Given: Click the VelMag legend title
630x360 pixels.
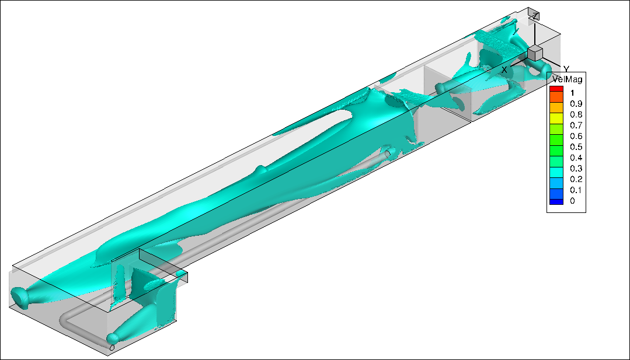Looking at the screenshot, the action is point(567,79).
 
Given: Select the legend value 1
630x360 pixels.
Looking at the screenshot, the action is point(572,93).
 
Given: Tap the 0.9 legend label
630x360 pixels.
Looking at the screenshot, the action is point(576,103).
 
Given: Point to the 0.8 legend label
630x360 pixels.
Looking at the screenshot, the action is point(576,114).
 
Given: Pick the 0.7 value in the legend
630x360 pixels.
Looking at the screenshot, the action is point(576,125).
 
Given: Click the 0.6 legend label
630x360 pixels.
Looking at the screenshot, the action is point(576,136).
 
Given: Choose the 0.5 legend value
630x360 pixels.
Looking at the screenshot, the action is point(576,147).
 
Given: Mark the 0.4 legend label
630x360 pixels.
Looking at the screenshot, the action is point(576,158).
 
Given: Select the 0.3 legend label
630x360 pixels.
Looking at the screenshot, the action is point(576,169).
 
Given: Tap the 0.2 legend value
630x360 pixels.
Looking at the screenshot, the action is point(576,179).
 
